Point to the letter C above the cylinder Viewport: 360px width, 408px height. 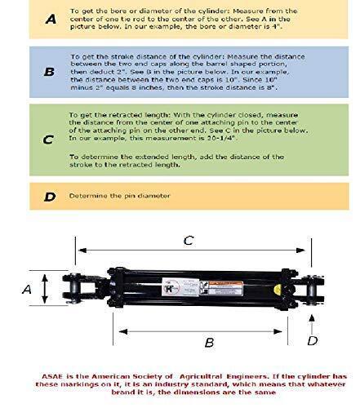188,242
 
